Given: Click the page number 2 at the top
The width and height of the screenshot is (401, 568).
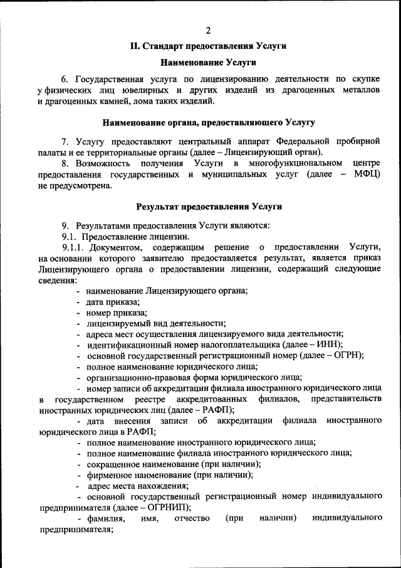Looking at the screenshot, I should (x=207, y=31).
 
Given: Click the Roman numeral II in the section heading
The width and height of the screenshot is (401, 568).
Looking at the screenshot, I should (x=134, y=46).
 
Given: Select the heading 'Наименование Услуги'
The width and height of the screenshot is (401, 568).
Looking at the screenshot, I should (x=208, y=62).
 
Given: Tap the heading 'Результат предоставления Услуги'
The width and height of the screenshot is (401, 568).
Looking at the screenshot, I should (x=209, y=206).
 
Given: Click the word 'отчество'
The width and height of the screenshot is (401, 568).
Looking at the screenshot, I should (x=190, y=518).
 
